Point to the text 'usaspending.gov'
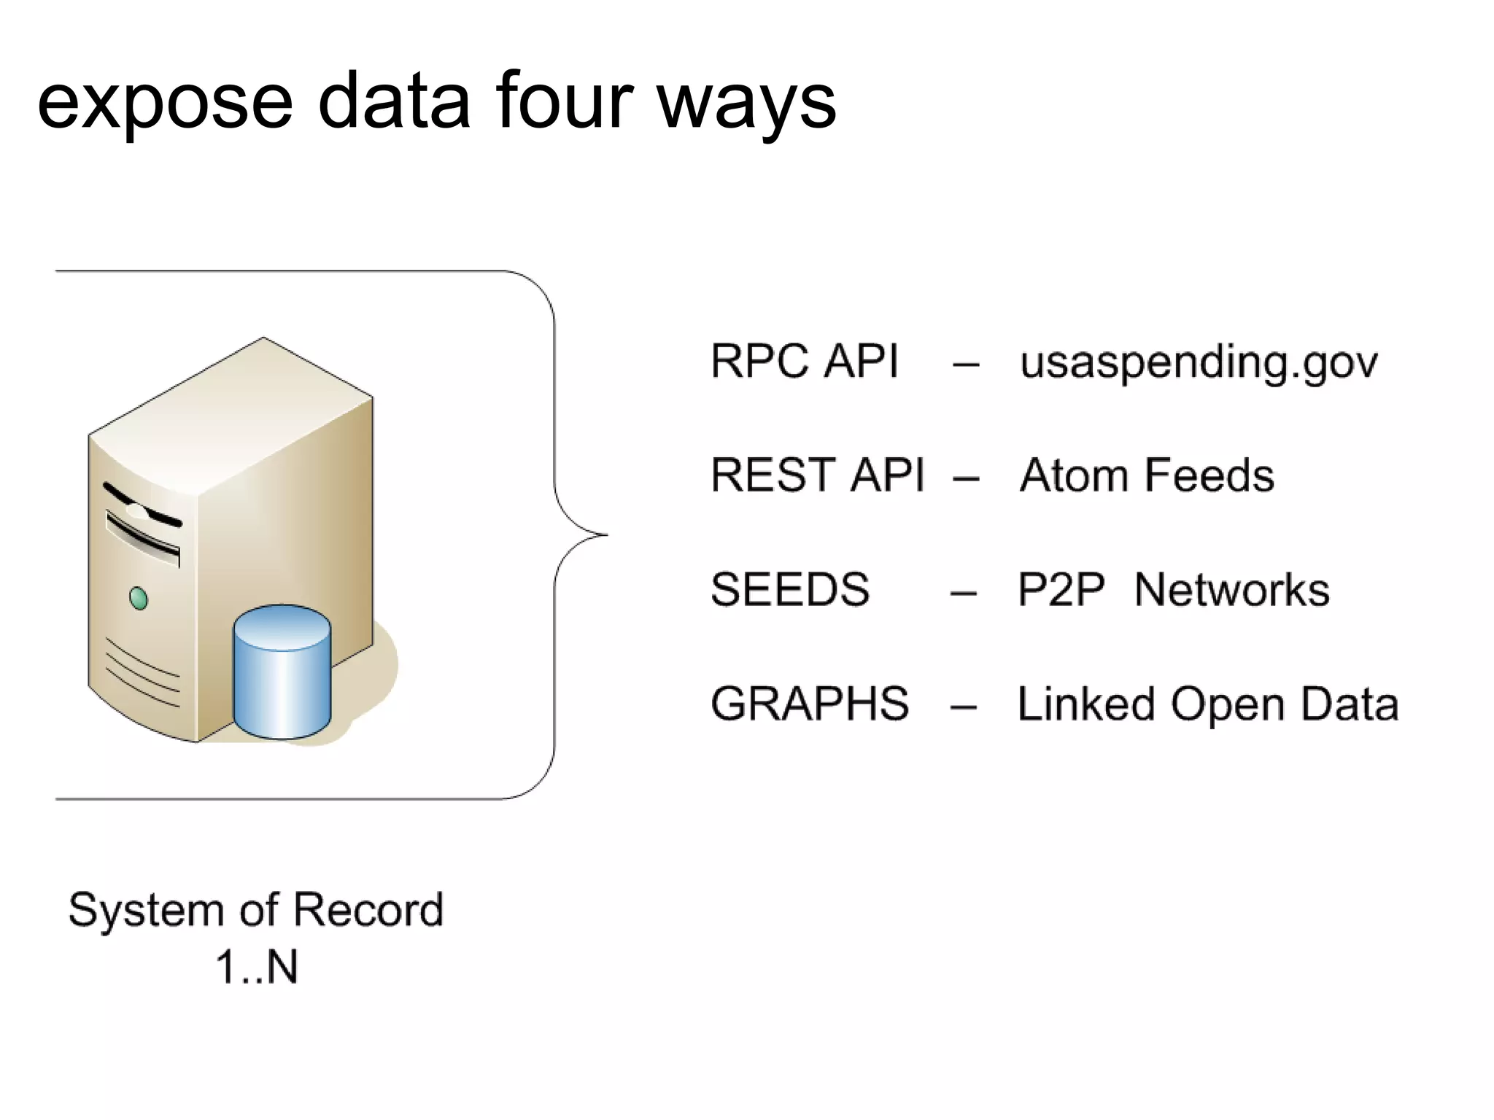pyautogui.click(x=1199, y=362)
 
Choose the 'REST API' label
pyautogui.click(x=817, y=475)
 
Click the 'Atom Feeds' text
pyautogui.click(x=1146, y=475)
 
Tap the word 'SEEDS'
pyautogui.click(x=790, y=589)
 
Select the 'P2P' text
pyautogui.click(x=1061, y=589)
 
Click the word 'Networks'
pyautogui.click(x=1232, y=589)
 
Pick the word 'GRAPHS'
pyautogui.click(x=810, y=704)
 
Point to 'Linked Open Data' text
pyautogui.click(x=1207, y=704)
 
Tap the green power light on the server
pyautogui.click(x=138, y=599)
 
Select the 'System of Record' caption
pyautogui.click(x=255, y=910)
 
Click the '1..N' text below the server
pyautogui.click(x=257, y=968)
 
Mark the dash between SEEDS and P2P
pyautogui.click(x=963, y=592)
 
